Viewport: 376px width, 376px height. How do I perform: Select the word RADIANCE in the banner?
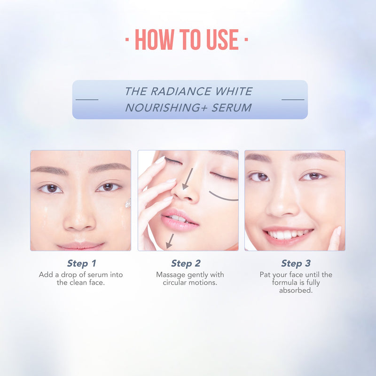pyautogui.click(x=181, y=91)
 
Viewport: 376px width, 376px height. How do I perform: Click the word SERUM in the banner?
pyautogui.click(x=232, y=108)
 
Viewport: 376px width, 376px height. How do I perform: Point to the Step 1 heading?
pyautogui.click(x=81, y=263)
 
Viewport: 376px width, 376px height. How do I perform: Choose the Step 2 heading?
pyautogui.click(x=186, y=263)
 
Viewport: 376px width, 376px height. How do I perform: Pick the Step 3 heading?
pyautogui.click(x=296, y=263)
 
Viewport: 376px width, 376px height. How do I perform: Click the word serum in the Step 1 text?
pyautogui.click(x=98, y=274)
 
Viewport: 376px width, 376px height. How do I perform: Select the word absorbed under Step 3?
pyautogui.click(x=296, y=290)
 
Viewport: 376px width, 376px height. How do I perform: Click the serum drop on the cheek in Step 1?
pyautogui.click(x=128, y=203)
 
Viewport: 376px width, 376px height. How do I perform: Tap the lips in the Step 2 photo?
pyautogui.click(x=179, y=219)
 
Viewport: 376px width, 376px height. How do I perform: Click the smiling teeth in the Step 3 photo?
pyautogui.click(x=288, y=234)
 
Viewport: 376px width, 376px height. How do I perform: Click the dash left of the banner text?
pyautogui.click(x=87, y=100)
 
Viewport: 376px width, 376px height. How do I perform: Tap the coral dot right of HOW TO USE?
pyautogui.click(x=246, y=40)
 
